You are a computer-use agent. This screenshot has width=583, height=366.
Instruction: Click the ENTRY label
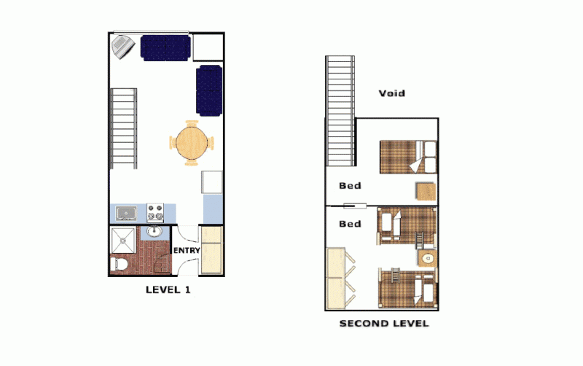tap(187, 250)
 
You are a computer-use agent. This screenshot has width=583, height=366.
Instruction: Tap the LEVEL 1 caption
tap(168, 289)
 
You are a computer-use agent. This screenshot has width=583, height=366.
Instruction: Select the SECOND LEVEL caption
tap(384, 324)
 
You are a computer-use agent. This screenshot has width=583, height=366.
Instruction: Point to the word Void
tap(392, 93)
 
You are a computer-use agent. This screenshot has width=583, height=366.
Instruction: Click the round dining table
tap(192, 143)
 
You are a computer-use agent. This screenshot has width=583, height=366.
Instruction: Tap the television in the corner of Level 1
tap(123, 47)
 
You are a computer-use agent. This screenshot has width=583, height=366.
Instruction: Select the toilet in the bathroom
tap(120, 264)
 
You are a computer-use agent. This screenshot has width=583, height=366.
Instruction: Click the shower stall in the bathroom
tap(123, 241)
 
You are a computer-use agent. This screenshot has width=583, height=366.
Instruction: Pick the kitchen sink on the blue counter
tap(126, 214)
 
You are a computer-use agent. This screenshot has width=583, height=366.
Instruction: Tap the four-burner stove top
tap(155, 213)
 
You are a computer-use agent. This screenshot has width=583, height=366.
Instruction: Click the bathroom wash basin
tap(154, 232)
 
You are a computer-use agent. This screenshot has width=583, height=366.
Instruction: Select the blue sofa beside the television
tap(165, 48)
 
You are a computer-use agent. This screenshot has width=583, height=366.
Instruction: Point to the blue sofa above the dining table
tap(209, 90)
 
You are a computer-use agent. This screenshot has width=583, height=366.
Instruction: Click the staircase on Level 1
tap(123, 129)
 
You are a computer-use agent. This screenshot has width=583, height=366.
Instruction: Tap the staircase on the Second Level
tap(340, 111)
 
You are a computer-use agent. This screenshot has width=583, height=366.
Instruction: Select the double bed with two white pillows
tap(408, 157)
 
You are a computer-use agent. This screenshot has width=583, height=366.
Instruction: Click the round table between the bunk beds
tap(428, 258)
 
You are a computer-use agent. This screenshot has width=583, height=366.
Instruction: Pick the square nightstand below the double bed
tap(426, 192)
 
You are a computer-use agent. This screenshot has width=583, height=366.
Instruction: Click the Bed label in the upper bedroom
tap(351, 186)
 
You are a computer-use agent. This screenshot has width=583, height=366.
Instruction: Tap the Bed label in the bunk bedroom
tap(351, 224)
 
